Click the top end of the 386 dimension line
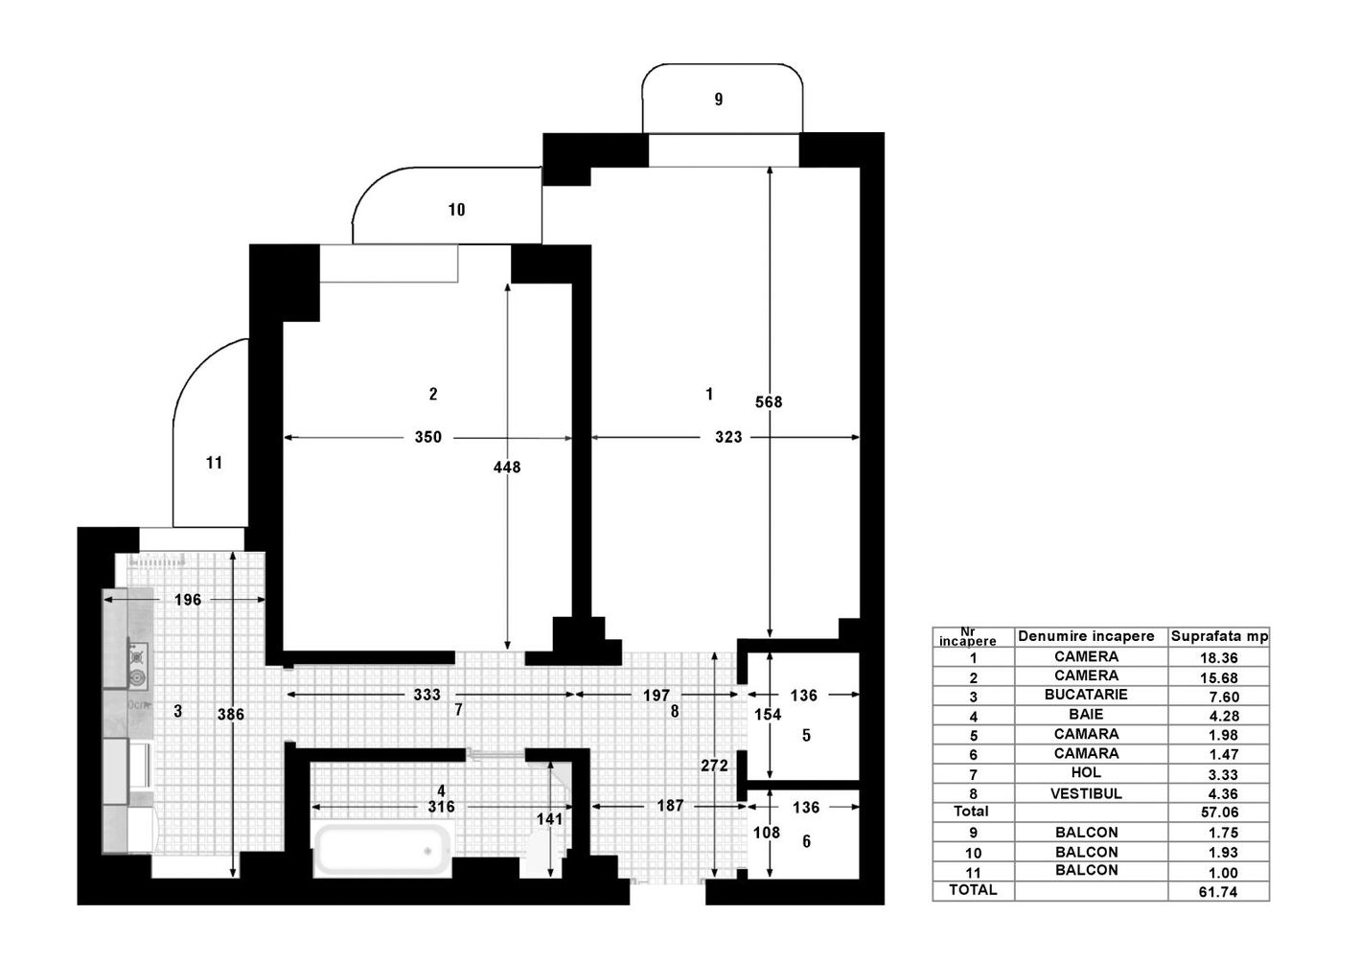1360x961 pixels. click(233, 553)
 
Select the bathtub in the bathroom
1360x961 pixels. click(383, 849)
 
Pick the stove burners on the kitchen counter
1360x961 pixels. click(138, 667)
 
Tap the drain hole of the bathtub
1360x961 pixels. click(427, 851)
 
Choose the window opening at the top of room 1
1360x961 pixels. click(724, 150)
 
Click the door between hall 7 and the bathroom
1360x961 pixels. click(496, 755)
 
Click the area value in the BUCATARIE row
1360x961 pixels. click(1223, 697)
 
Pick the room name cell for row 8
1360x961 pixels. click(1086, 793)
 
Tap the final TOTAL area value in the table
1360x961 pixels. click(1218, 891)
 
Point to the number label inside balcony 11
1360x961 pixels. click(214, 463)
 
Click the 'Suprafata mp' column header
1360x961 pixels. click(1219, 636)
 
